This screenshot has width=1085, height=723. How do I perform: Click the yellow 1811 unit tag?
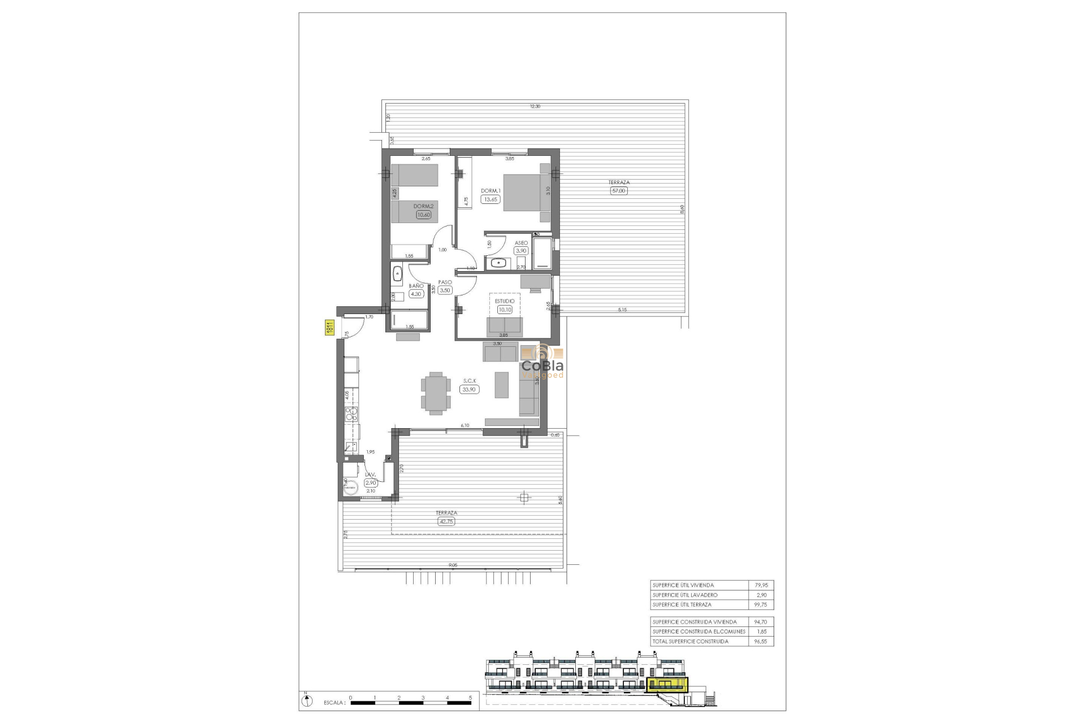(328, 328)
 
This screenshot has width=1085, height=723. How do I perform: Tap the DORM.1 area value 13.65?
(491, 199)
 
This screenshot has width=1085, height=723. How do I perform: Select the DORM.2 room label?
(423, 207)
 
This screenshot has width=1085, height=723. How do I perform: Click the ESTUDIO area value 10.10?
(505, 310)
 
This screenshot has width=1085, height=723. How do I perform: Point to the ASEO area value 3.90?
(520, 251)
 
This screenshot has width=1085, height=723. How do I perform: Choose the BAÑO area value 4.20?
(416, 294)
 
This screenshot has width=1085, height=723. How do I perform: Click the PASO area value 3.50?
(445, 290)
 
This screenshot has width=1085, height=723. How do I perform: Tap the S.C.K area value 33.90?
(470, 389)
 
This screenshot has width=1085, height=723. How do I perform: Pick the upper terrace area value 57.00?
(619, 191)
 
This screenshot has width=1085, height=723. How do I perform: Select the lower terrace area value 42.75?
(446, 521)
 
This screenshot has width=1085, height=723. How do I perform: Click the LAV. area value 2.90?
(371, 483)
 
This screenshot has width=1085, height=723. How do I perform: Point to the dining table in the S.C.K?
(436, 393)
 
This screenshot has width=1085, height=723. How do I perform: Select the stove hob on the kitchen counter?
(351, 415)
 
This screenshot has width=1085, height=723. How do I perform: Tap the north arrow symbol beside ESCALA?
(306, 701)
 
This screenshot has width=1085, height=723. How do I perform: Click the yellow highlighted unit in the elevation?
(668, 685)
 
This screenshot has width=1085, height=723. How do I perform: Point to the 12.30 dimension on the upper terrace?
(535, 106)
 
